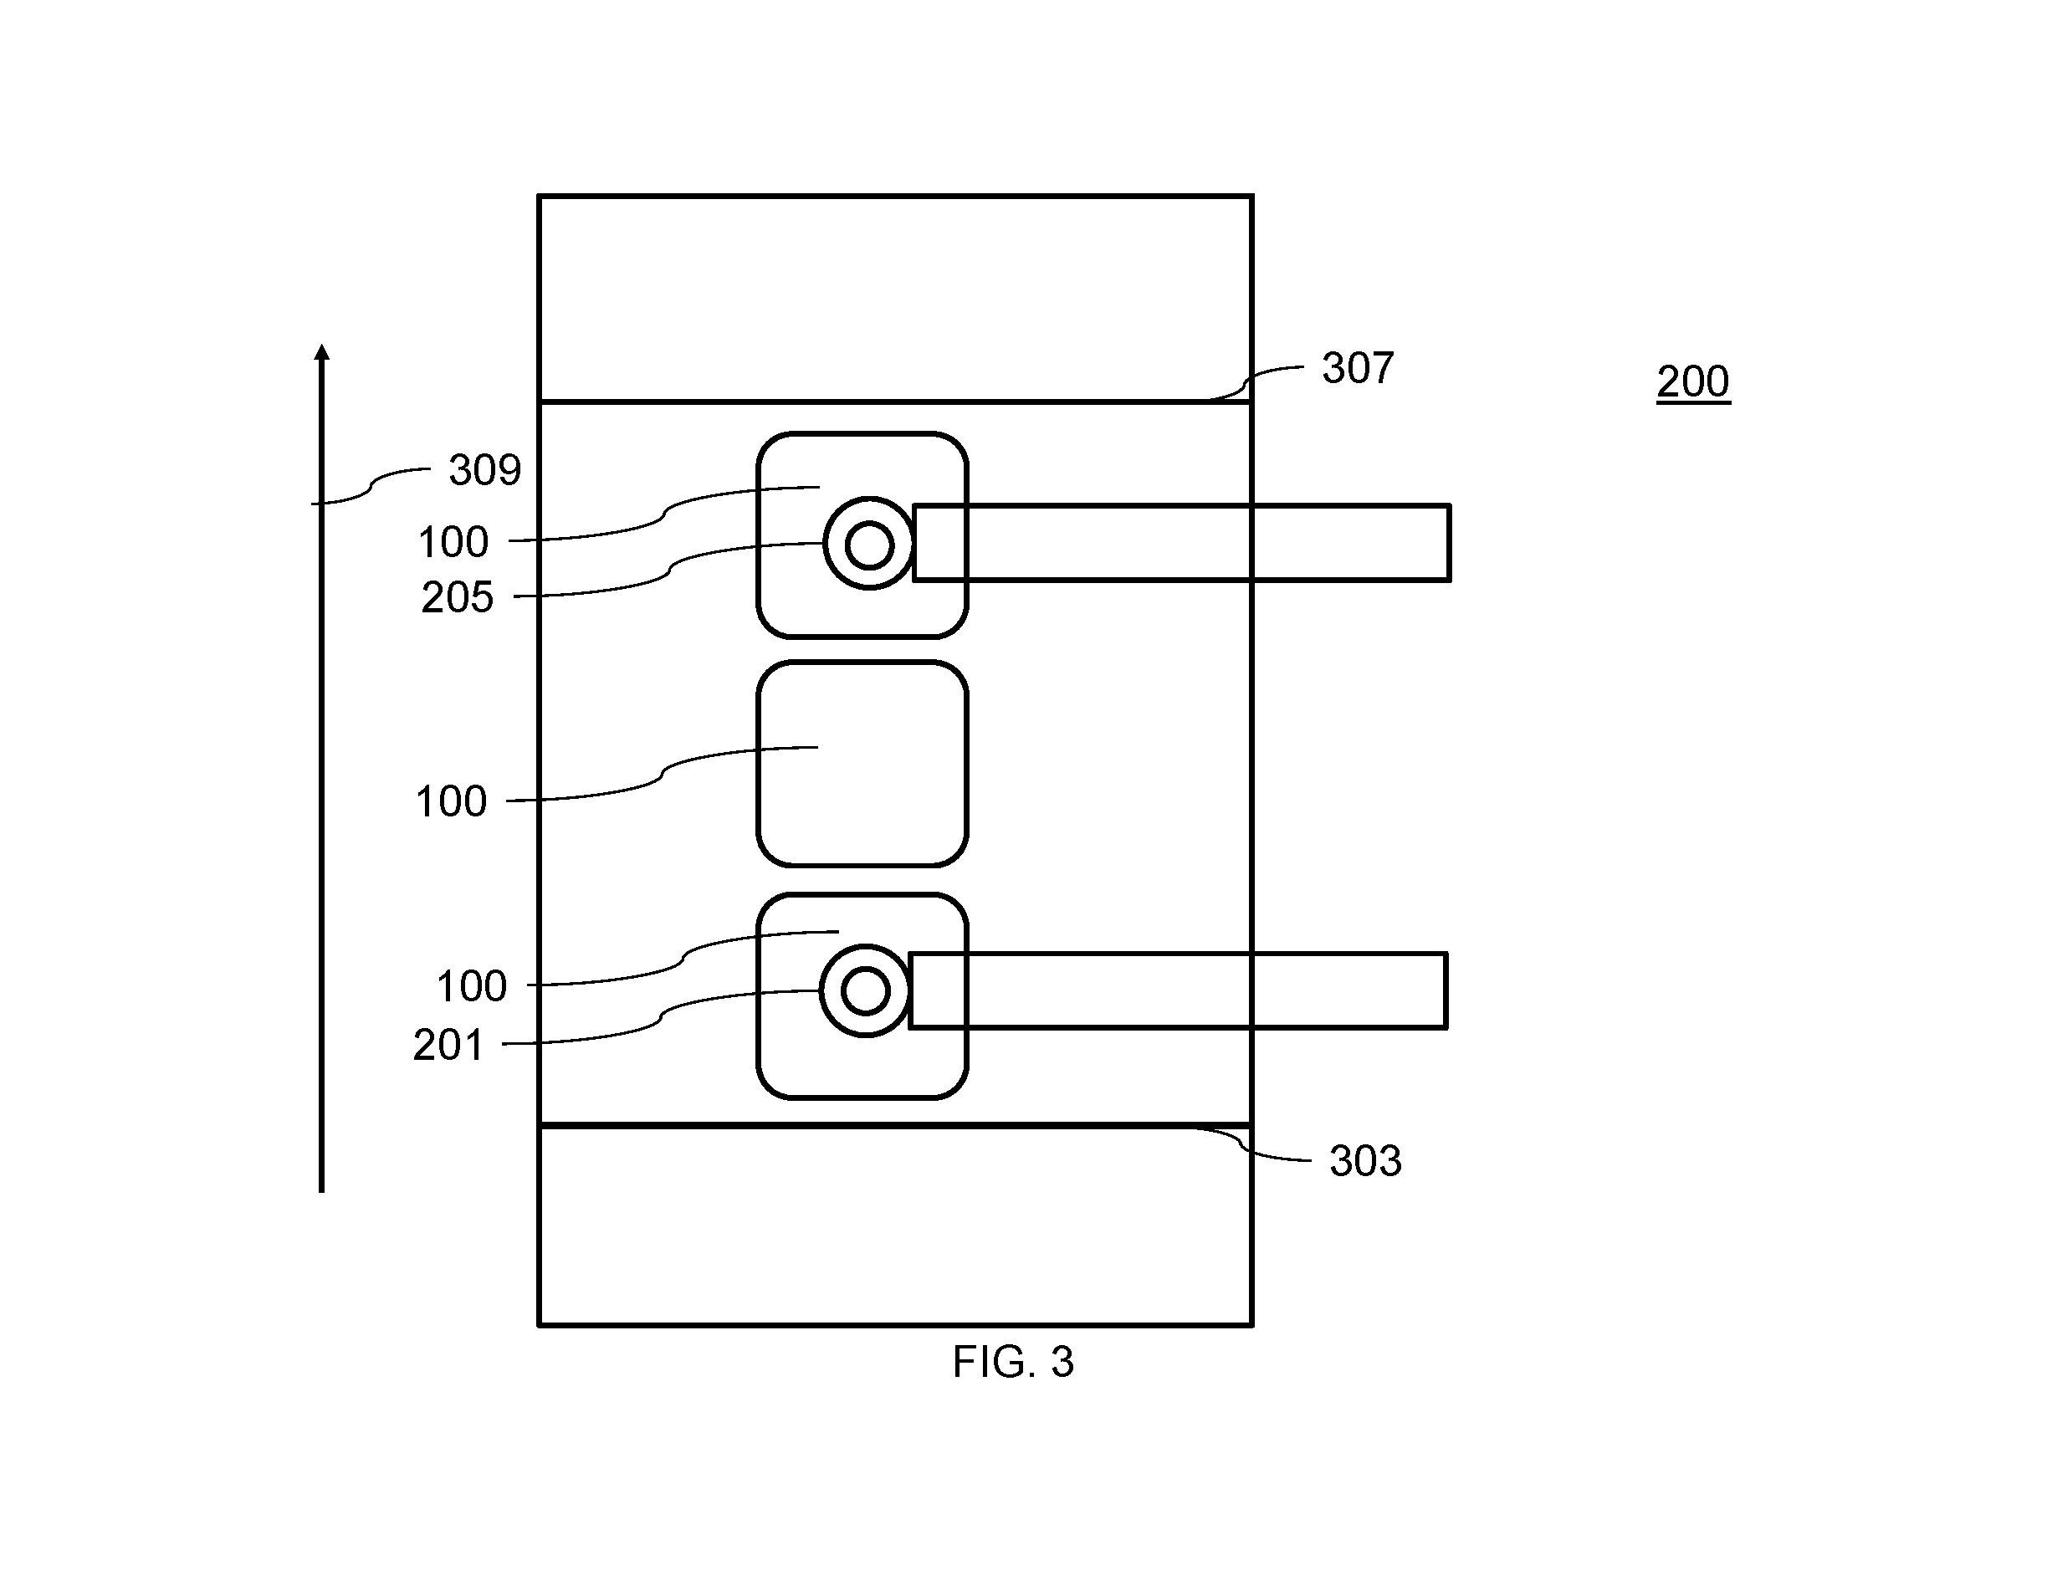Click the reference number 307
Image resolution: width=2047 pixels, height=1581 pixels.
(x=1357, y=367)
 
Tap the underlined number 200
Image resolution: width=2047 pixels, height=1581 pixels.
(x=1692, y=381)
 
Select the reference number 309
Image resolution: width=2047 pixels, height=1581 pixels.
(x=484, y=469)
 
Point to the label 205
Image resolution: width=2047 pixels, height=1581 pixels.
(x=458, y=597)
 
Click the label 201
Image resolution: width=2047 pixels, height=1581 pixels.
(x=448, y=1045)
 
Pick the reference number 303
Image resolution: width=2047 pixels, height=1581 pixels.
(x=1364, y=1161)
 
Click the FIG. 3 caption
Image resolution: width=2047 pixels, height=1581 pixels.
(x=1012, y=1362)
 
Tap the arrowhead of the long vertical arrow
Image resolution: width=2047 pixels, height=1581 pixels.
(x=321, y=351)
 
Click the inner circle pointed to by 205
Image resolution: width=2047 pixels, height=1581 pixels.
(x=869, y=544)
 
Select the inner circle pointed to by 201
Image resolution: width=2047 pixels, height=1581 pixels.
(x=864, y=990)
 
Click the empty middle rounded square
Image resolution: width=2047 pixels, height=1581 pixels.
(x=862, y=764)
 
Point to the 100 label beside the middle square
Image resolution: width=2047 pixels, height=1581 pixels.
(x=451, y=802)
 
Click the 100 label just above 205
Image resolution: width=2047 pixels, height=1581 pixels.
(x=453, y=543)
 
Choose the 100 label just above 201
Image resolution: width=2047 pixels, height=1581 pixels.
(x=472, y=987)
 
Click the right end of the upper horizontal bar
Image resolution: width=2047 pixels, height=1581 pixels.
(x=1449, y=544)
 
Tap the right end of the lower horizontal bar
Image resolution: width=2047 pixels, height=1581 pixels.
(x=1446, y=990)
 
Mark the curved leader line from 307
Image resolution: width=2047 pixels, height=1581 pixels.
(x=1248, y=381)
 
